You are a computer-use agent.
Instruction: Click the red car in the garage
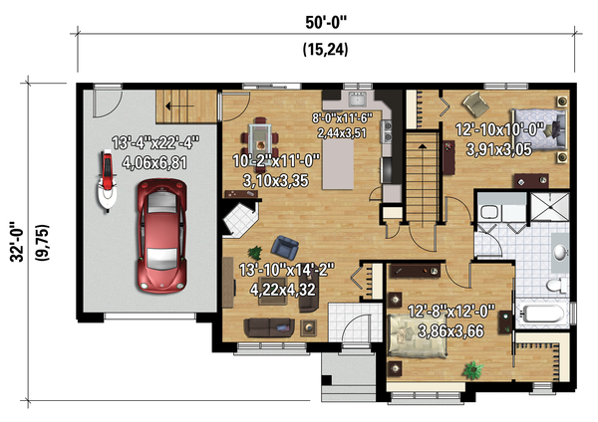[162, 236]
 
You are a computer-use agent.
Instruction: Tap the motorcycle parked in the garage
[106, 181]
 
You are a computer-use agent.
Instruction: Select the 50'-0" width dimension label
[326, 23]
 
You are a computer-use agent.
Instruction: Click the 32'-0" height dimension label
[17, 242]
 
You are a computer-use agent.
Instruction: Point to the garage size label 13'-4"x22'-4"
[155, 143]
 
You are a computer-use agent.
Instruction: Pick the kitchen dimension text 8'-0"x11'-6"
[342, 118]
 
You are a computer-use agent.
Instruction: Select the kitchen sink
[358, 99]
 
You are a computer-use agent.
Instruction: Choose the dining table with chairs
[260, 140]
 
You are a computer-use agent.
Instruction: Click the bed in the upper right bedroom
[538, 129]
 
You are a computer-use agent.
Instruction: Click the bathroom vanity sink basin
[560, 252]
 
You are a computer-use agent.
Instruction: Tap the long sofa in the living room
[269, 327]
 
